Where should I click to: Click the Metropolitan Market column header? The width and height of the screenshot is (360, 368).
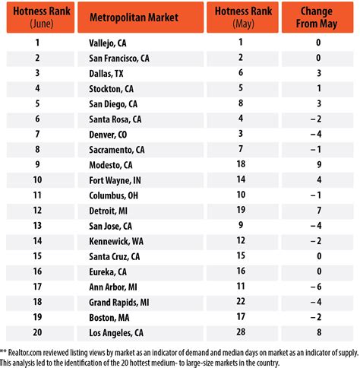(141, 16)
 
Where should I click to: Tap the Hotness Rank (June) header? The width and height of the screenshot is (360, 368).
(37, 16)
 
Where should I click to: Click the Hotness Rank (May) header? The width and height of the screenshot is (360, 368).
(240, 16)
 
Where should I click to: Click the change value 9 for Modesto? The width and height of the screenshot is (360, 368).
(320, 164)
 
